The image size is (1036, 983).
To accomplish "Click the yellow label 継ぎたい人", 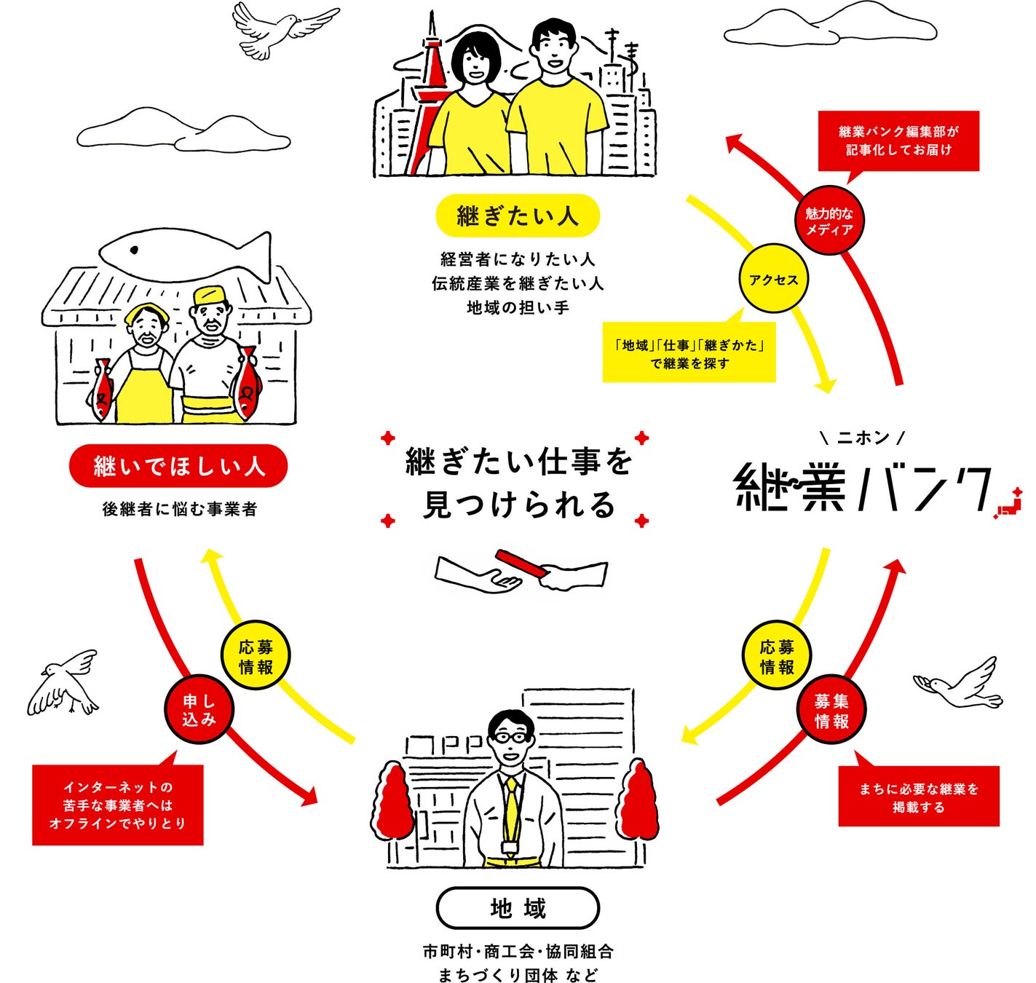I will point(517,216).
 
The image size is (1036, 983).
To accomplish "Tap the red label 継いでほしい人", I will point(178,466).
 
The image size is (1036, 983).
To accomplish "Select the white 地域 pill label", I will point(518,908).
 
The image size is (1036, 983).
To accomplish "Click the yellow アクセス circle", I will point(773,280).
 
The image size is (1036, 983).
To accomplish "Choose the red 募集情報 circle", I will point(831,711).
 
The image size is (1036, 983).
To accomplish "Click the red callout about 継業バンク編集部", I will point(898,141).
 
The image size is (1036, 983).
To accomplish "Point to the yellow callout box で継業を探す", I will point(689,354).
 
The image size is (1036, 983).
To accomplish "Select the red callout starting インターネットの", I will point(117,805).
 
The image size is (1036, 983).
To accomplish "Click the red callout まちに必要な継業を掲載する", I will point(918,797).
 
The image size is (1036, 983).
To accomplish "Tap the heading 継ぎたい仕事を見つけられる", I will point(518,483).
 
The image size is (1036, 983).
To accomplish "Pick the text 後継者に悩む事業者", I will point(179,509).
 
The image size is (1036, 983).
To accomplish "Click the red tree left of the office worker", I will point(394,801).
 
